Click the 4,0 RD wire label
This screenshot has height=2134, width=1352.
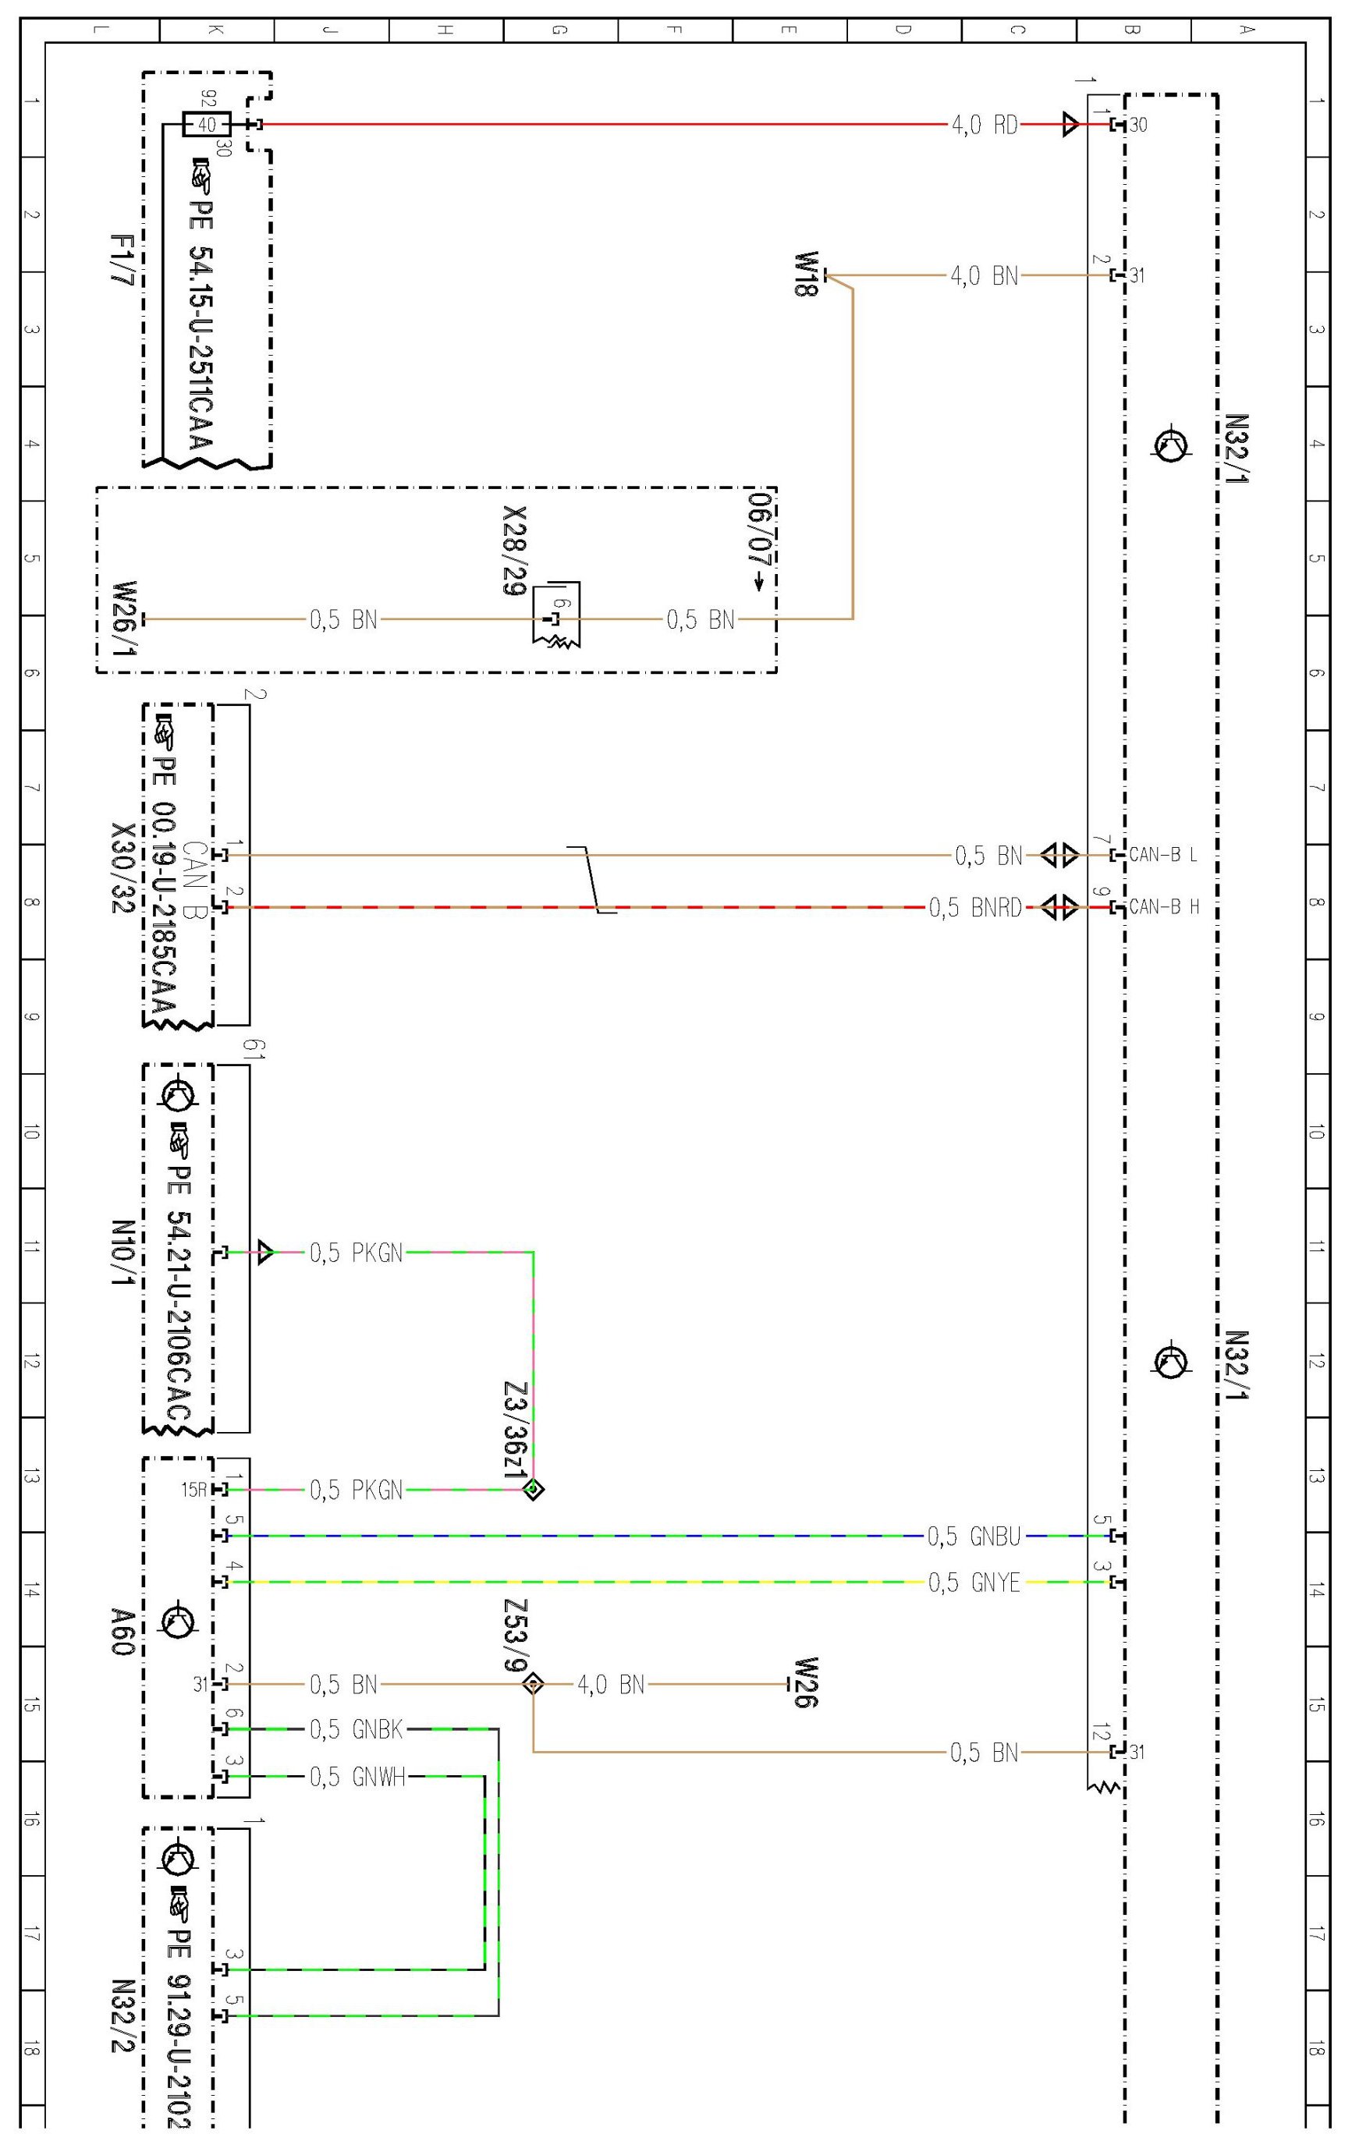984,125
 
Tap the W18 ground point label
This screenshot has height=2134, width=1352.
805,275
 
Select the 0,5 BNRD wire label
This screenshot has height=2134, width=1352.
975,907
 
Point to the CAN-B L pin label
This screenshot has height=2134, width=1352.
1162,855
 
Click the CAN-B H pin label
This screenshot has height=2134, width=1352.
1163,907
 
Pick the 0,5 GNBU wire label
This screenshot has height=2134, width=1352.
974,1536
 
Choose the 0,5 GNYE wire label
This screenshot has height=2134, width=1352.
974,1582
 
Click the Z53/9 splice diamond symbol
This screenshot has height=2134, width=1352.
533,1683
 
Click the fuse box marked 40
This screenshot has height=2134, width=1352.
207,125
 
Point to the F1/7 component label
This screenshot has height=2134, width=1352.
122,260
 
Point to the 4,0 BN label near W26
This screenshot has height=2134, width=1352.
611,1684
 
